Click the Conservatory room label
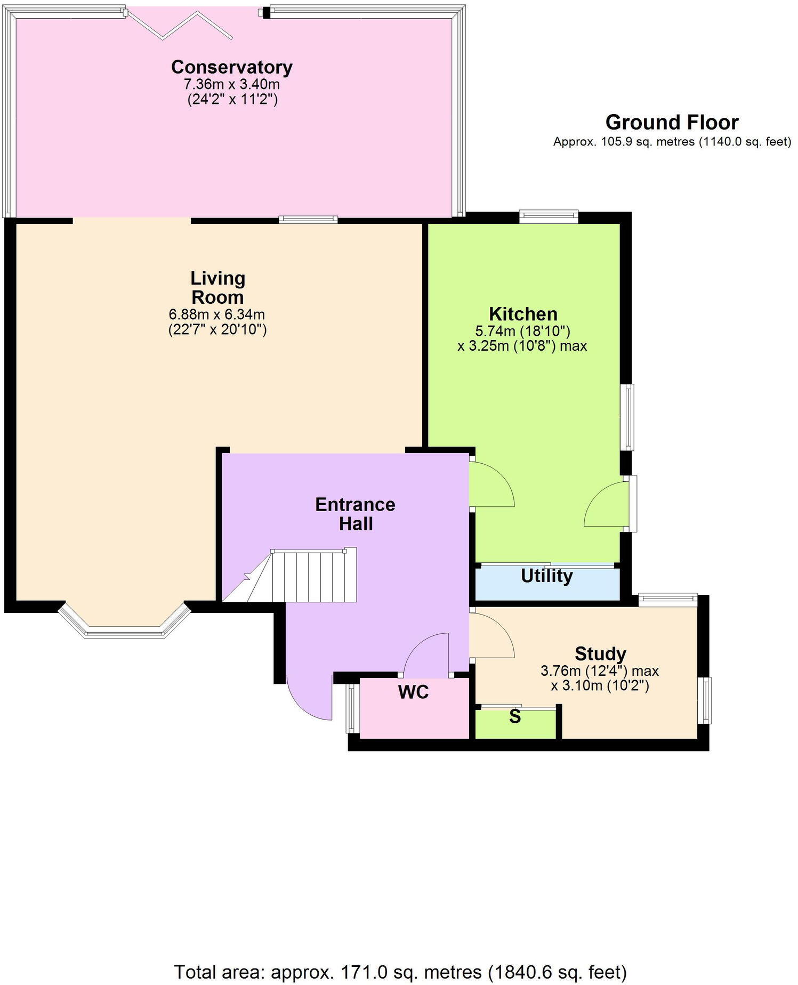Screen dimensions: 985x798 coord(231,68)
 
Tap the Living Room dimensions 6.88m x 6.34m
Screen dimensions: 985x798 coord(217,314)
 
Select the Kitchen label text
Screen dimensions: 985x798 coord(523,313)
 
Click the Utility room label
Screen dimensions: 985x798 coord(546,576)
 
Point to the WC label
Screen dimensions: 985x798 coord(413,692)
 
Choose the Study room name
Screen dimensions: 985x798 coord(600,653)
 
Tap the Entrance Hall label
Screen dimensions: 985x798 coord(355,514)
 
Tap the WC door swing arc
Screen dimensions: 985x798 coord(426,653)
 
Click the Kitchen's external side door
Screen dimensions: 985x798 coord(608,504)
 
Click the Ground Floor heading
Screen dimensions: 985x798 coord(672,123)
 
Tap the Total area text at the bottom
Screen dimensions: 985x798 coord(400,972)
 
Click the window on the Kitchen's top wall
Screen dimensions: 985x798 coord(549,216)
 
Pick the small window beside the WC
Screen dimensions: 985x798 coord(351,708)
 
